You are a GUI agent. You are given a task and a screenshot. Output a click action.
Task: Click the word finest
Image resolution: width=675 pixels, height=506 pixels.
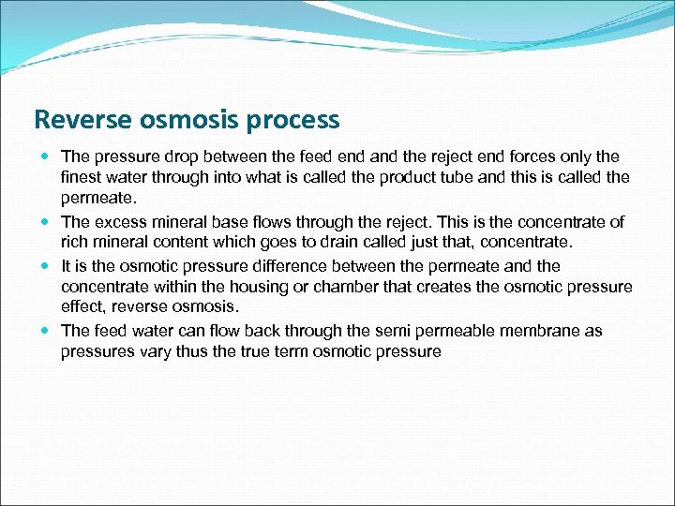coord(82,177)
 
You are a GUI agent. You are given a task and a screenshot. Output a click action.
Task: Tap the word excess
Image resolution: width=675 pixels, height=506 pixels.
coord(115,222)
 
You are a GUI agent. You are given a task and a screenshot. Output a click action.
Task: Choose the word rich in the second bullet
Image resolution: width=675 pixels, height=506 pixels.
coord(74,243)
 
